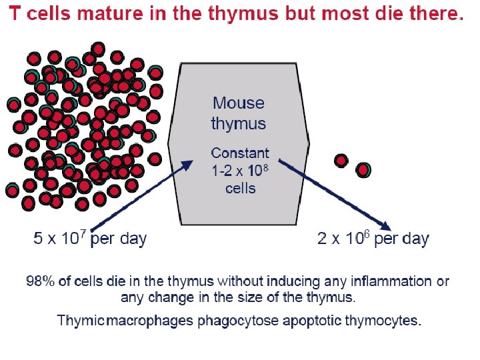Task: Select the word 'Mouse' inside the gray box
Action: (x=239, y=103)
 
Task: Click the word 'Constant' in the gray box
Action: (x=240, y=153)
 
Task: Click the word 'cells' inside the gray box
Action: (x=240, y=188)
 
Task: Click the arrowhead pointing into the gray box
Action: (x=189, y=165)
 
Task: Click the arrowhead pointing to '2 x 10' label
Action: (x=385, y=225)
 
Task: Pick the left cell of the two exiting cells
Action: (x=341, y=161)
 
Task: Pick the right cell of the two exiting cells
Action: (x=363, y=170)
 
